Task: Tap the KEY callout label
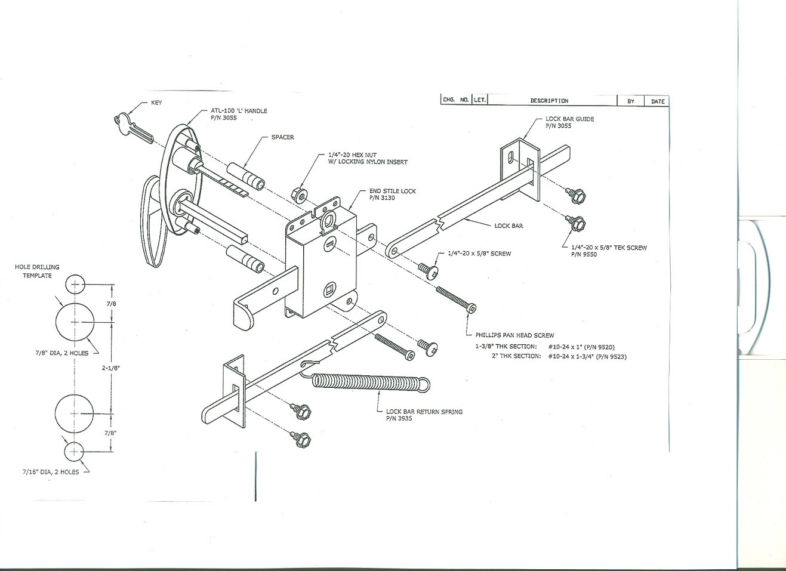pyautogui.click(x=156, y=103)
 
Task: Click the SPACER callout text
pyautogui.click(x=282, y=137)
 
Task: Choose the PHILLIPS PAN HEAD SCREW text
pyautogui.click(x=514, y=335)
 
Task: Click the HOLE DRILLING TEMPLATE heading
pyautogui.click(x=37, y=271)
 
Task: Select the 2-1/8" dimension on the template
pyautogui.click(x=111, y=368)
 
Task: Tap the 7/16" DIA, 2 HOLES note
pyautogui.click(x=51, y=472)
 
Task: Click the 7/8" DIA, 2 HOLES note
pyautogui.click(x=61, y=353)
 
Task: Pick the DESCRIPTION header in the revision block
pyautogui.click(x=549, y=101)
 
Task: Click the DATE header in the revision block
pyautogui.click(x=658, y=101)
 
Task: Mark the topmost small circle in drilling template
pyautogui.click(x=75, y=284)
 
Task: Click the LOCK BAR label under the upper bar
pyautogui.click(x=508, y=226)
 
